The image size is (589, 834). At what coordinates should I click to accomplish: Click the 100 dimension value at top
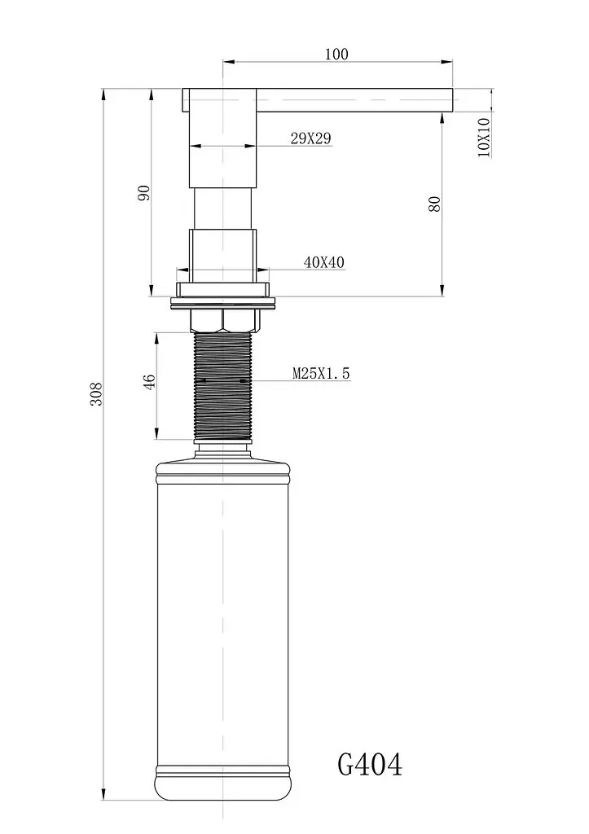[336, 55]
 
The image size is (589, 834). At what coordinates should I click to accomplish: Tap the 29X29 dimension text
[310, 138]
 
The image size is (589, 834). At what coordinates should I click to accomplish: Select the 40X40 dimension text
[324, 262]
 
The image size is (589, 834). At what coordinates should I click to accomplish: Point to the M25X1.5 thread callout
[321, 373]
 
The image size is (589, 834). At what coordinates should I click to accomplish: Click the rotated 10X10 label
[484, 137]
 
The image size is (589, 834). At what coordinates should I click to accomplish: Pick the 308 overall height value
[96, 393]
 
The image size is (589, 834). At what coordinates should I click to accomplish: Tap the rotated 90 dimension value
[144, 192]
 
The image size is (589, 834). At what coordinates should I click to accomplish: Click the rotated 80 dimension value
[435, 204]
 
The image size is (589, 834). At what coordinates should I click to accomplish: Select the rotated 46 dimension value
[150, 381]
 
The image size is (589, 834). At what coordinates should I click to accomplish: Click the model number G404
[370, 764]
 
